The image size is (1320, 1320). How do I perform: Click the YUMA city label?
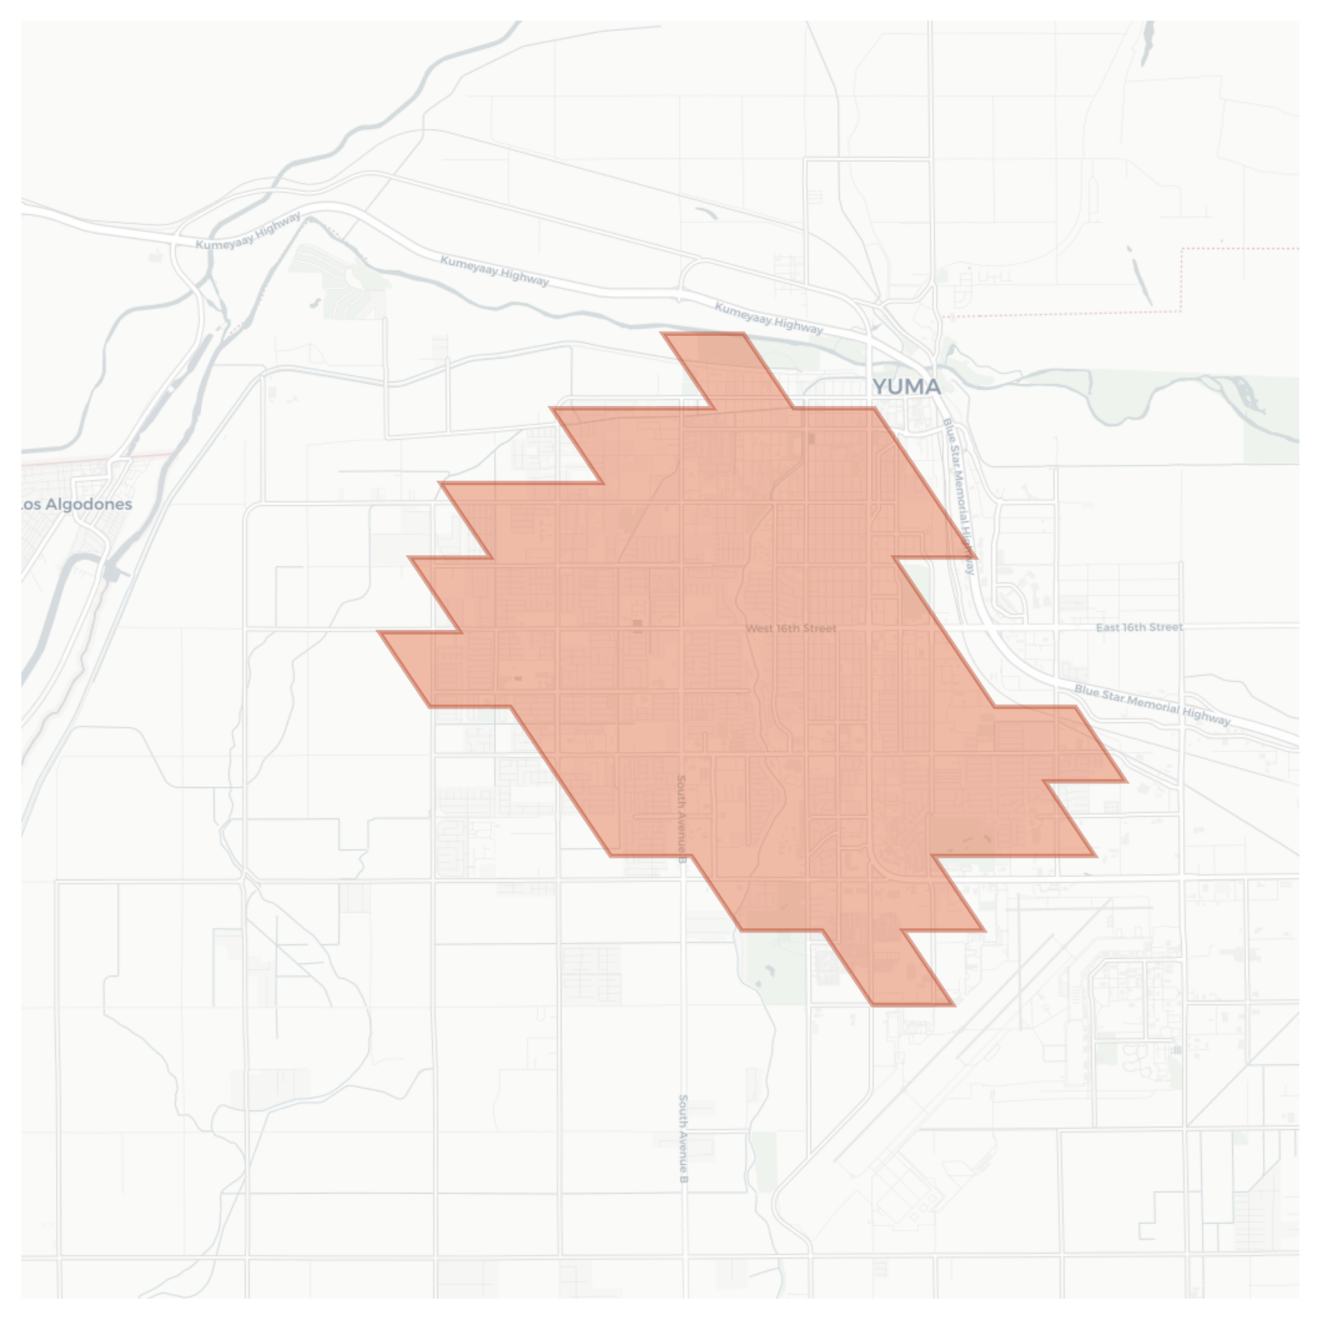tap(906, 387)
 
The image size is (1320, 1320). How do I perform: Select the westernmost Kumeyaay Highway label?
tap(249, 230)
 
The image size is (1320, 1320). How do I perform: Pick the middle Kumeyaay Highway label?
tap(495, 271)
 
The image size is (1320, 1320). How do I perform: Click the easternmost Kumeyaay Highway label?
tap(768, 317)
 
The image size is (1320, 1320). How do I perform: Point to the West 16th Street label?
tap(791, 628)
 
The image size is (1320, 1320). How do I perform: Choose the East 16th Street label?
tap(1139, 627)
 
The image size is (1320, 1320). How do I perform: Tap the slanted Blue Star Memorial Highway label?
tap(1152, 704)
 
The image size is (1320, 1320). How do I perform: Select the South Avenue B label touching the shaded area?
tap(682, 818)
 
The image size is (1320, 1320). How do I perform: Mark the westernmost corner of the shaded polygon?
tap(379, 631)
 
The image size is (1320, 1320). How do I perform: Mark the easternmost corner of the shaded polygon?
tap(1126, 781)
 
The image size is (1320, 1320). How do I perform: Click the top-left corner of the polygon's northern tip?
tap(662, 333)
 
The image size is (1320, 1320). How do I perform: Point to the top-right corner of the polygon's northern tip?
tap(743, 333)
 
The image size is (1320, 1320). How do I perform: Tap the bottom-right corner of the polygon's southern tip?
tap(954, 1005)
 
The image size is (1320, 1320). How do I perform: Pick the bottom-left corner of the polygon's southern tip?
tap(873, 1005)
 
